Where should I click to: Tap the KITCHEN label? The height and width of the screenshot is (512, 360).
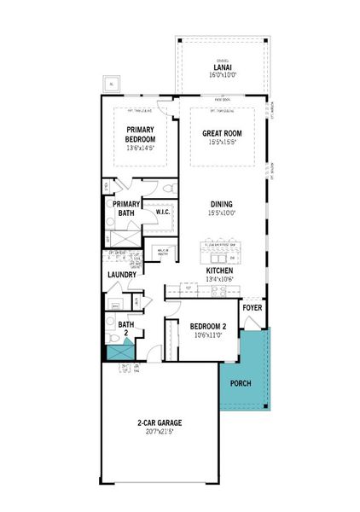click(220, 270)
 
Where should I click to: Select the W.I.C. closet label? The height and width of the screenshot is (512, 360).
click(162, 211)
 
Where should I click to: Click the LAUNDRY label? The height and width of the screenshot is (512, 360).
click(123, 275)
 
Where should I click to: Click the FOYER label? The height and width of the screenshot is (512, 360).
click(253, 308)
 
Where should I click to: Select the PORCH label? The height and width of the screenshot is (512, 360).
click(241, 383)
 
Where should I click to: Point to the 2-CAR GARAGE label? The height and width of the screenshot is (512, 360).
click(160, 423)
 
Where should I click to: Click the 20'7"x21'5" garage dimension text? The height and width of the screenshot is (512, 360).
click(160, 433)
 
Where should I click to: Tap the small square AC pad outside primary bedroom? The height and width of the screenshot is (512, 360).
click(110, 84)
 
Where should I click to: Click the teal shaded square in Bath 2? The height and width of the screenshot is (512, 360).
click(117, 350)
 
